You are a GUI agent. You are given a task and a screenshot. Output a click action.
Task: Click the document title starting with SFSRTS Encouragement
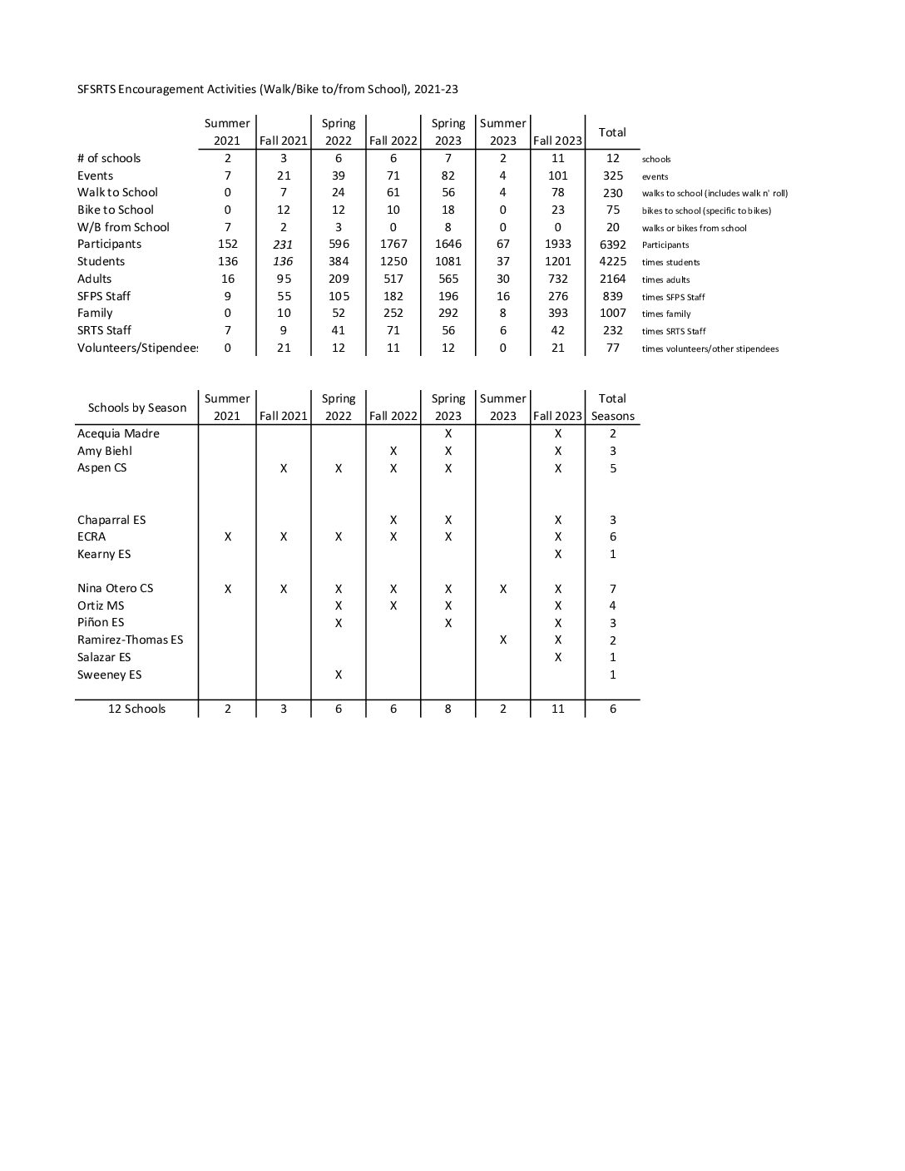pyautogui.click(x=267, y=89)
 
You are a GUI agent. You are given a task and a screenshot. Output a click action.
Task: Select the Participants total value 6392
pyautogui.click(x=612, y=245)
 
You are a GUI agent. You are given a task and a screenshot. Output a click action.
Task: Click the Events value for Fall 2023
pyautogui.click(x=557, y=175)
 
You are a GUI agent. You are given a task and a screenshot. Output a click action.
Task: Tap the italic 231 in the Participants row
pyautogui.click(x=283, y=245)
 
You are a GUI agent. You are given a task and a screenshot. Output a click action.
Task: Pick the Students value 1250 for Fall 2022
pyautogui.click(x=393, y=261)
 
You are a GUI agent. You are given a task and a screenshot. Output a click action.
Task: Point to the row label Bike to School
pyautogui.click(x=116, y=210)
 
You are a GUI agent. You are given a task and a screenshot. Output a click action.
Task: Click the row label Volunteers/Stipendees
pyautogui.click(x=137, y=348)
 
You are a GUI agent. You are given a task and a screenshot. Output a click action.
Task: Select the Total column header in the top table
pyautogui.click(x=612, y=132)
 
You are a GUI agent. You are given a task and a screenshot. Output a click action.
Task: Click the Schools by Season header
pyautogui.click(x=137, y=408)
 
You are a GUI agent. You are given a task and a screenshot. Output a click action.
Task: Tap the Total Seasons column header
pyautogui.click(x=612, y=408)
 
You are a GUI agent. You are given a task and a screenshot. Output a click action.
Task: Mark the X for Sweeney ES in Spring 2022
pyautogui.click(x=339, y=674)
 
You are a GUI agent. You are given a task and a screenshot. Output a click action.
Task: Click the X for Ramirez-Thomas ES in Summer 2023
pyautogui.click(x=503, y=640)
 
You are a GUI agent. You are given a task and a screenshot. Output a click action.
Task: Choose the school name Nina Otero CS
pyautogui.click(x=116, y=588)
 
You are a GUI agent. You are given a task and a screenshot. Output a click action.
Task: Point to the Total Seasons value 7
pyautogui.click(x=612, y=589)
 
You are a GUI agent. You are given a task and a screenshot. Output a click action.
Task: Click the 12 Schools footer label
pyautogui.click(x=136, y=709)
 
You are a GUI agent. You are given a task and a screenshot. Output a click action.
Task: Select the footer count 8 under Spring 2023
pyautogui.click(x=448, y=709)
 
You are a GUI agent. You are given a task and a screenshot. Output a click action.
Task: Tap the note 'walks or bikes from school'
pyautogui.click(x=694, y=228)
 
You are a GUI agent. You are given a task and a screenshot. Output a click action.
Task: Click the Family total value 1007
pyautogui.click(x=612, y=314)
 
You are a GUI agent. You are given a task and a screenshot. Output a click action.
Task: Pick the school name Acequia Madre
pyautogui.click(x=118, y=433)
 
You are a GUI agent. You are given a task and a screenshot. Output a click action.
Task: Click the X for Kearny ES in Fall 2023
pyautogui.click(x=557, y=554)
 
